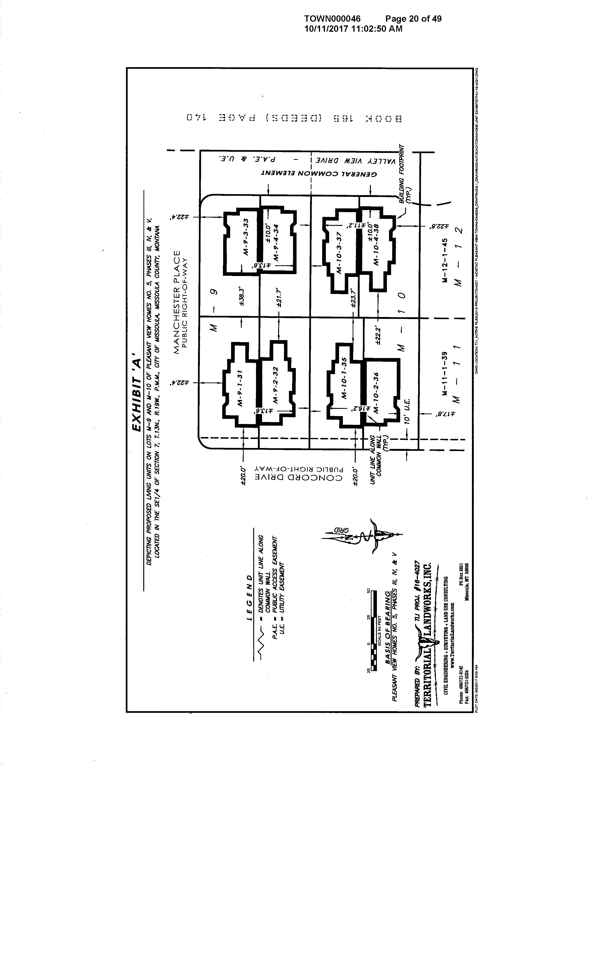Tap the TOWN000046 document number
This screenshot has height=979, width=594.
[x=332, y=19]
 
